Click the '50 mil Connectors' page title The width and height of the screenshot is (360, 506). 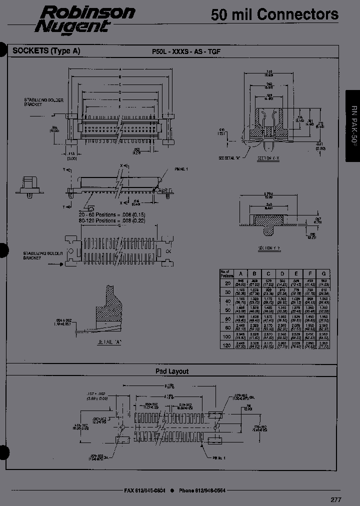tap(274, 15)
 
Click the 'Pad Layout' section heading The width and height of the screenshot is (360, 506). tap(172, 371)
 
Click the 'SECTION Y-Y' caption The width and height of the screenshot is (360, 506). tap(269, 248)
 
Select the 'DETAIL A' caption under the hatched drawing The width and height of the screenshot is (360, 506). tap(109, 342)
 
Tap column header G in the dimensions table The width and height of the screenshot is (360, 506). tap(323, 273)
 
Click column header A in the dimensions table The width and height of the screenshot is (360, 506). tap(240, 273)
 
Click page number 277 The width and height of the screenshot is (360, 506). tap(336, 499)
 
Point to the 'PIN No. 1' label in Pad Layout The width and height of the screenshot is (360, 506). tap(218, 457)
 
